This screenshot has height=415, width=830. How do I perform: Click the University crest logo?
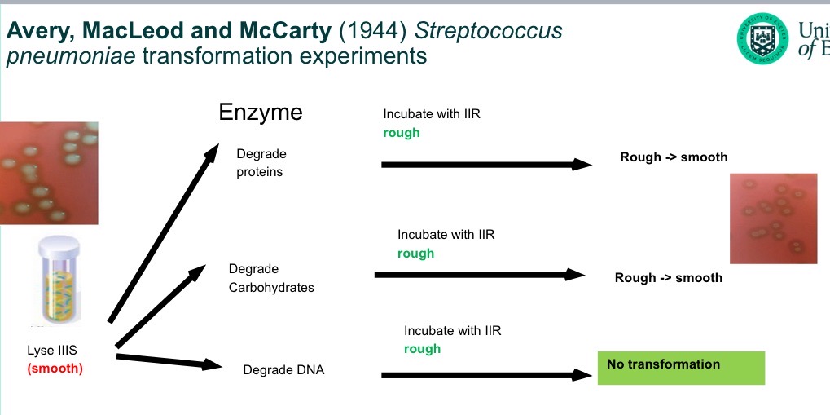[763, 38]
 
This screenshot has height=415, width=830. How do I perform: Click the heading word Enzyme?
[261, 112]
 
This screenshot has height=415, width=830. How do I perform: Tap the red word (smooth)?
[55, 368]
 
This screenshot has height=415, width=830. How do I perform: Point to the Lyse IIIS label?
[53, 351]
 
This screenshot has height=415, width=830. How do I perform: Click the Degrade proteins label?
[261, 162]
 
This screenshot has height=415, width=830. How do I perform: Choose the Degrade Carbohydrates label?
[270, 278]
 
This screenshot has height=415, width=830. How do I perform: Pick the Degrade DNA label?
[283, 370]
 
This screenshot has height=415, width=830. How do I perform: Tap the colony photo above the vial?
[49, 172]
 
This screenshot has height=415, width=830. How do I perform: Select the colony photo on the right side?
[772, 218]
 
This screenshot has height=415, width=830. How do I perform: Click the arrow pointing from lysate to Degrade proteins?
[164, 233]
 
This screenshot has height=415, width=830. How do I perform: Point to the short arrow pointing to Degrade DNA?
[169, 360]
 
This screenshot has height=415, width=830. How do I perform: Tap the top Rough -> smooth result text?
[674, 157]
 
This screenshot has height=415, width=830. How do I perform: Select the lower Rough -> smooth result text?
[668, 278]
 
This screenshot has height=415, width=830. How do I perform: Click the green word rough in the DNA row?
[422, 349]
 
